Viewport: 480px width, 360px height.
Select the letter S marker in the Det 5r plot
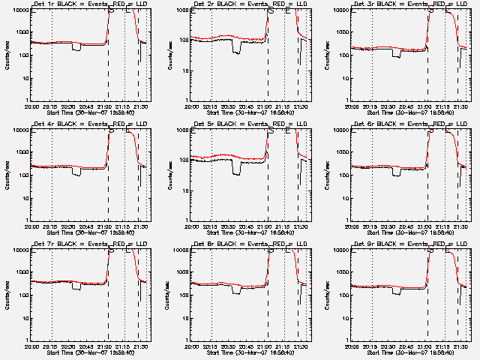(271, 131)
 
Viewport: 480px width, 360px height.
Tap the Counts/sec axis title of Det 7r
(9, 292)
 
